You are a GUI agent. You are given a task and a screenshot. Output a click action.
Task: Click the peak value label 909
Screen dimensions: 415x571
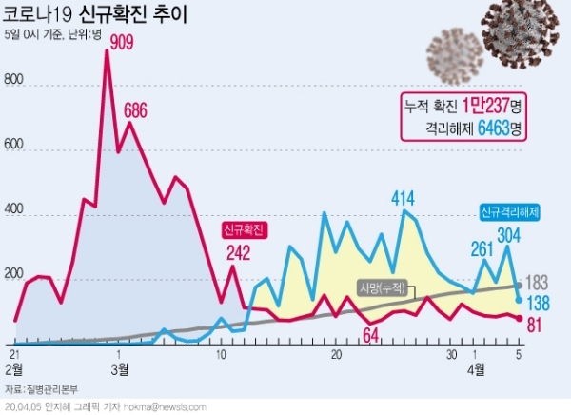pyautogui.click(x=121, y=41)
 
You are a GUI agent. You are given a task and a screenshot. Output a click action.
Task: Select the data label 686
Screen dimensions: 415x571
pyautogui.click(x=135, y=109)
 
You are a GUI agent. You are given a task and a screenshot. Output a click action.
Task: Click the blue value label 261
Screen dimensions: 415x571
pyautogui.click(x=468, y=249)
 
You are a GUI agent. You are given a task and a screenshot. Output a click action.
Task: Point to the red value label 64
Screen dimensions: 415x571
pyautogui.click(x=371, y=334)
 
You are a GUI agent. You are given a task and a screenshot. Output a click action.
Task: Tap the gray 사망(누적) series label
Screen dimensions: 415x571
pyautogui.click(x=383, y=287)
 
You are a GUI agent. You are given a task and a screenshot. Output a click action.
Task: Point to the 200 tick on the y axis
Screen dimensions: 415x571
pyautogui.click(x=13, y=275)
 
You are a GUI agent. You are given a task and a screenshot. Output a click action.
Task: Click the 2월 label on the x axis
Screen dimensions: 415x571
pyautogui.click(x=14, y=367)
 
